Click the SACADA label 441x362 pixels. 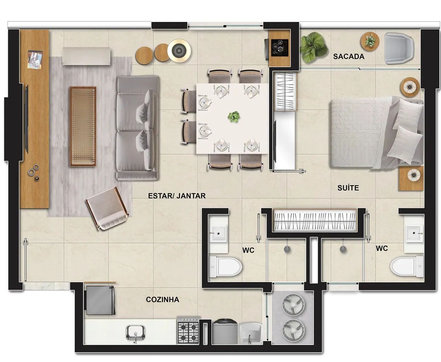[348, 56]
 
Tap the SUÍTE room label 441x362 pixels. [348, 188]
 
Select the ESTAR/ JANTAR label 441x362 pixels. [177, 196]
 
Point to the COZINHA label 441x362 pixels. [163, 300]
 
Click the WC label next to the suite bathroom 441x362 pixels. [382, 248]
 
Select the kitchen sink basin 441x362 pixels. [135, 333]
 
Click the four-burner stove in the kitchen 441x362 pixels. [188, 330]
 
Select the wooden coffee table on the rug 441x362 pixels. [83, 126]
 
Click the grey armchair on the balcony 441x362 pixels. [399, 48]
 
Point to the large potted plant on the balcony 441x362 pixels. [313, 48]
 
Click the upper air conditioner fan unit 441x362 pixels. [293, 304]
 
